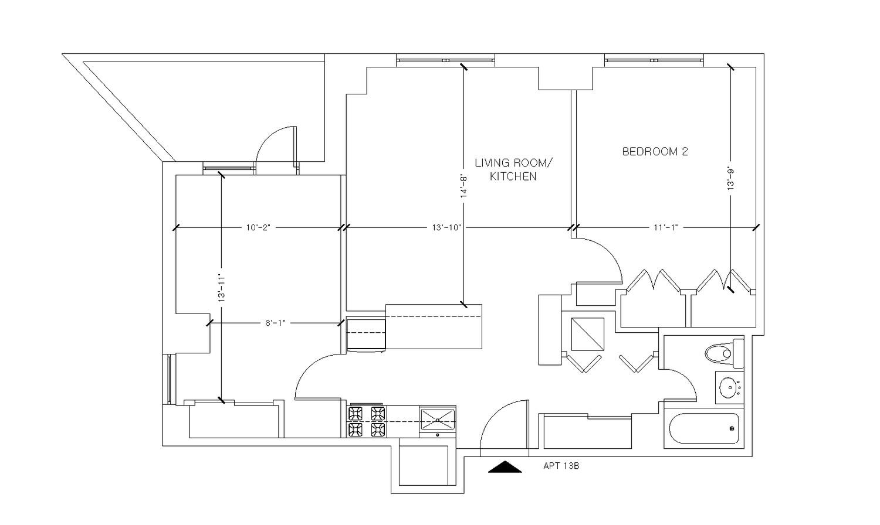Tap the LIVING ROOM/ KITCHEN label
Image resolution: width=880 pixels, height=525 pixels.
coord(513,169)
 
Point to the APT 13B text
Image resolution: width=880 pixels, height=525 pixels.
coord(561,466)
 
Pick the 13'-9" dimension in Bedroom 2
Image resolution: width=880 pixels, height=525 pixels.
coord(731,179)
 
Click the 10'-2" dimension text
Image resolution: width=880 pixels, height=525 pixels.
coord(258,227)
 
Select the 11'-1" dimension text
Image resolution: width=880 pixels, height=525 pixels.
coord(665,227)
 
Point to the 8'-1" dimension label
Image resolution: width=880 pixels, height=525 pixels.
coord(275,323)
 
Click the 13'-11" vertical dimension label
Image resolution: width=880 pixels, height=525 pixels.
coord(221,287)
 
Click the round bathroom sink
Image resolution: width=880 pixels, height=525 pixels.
coord(729,387)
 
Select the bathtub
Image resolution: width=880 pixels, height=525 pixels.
coord(704,429)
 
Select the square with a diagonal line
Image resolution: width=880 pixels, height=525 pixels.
coord(587,334)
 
